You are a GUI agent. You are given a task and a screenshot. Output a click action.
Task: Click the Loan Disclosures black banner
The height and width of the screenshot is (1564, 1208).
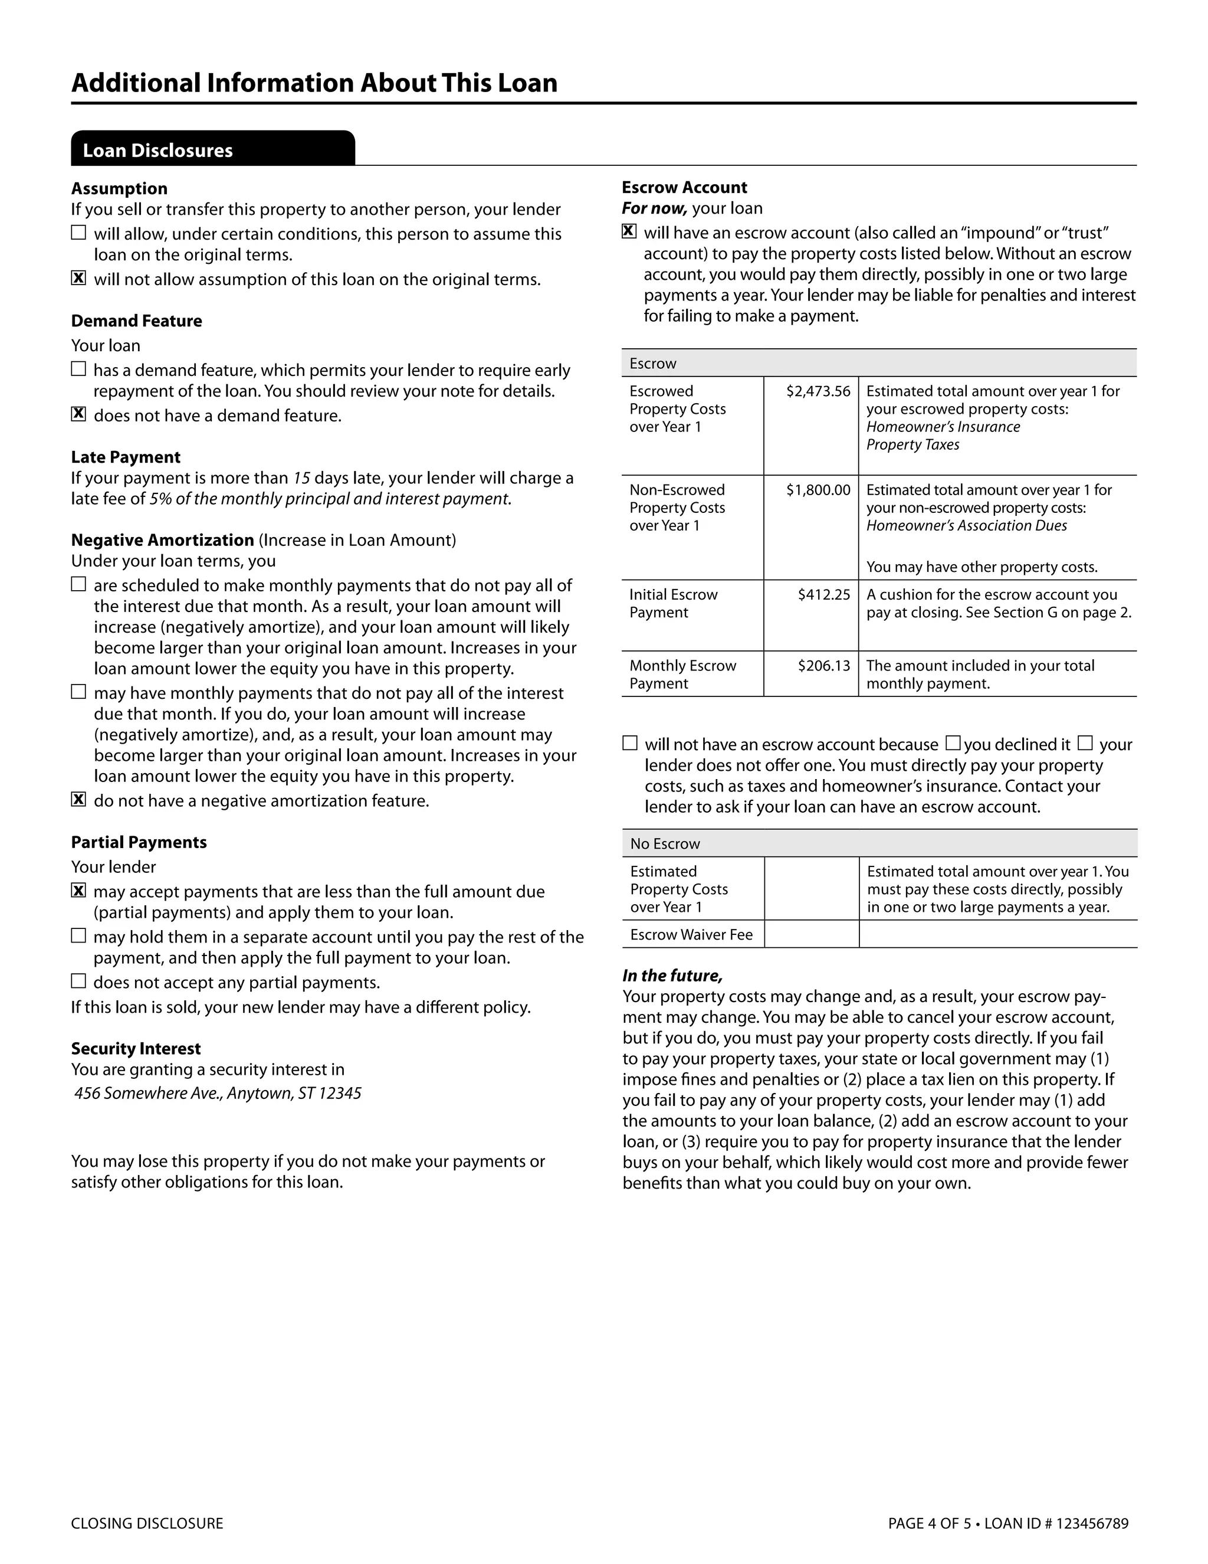pyautogui.click(x=212, y=149)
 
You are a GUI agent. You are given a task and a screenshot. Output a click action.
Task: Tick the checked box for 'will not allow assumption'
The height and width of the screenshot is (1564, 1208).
pyautogui.click(x=78, y=278)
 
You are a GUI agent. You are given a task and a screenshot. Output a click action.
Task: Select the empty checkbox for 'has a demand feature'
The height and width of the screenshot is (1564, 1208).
pyautogui.click(x=78, y=369)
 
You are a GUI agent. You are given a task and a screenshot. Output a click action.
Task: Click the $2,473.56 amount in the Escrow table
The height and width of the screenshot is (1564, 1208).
pyautogui.click(x=818, y=391)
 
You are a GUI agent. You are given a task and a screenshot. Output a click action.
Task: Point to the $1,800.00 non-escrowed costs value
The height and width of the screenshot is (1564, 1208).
pyautogui.click(x=818, y=490)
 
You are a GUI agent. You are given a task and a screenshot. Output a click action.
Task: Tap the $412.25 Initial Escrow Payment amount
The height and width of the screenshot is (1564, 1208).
pyautogui.click(x=823, y=594)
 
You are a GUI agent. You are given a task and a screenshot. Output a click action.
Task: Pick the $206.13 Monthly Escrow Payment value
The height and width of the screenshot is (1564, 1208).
pyautogui.click(x=823, y=665)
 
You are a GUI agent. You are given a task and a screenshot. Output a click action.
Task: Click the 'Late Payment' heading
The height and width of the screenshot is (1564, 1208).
pyautogui.click(x=125, y=457)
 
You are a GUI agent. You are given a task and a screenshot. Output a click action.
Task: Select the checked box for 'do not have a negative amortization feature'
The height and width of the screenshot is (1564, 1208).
pyautogui.click(x=78, y=799)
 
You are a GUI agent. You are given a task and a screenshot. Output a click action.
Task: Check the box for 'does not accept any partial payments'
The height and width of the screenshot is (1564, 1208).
pyautogui.click(x=78, y=981)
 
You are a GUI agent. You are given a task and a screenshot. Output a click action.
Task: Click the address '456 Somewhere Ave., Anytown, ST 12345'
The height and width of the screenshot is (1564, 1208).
pyautogui.click(x=218, y=1093)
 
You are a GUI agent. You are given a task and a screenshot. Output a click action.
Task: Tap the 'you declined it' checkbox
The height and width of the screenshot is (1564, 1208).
pyautogui.click(x=953, y=742)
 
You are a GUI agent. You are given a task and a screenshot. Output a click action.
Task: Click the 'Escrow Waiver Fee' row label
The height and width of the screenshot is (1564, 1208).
pyautogui.click(x=691, y=934)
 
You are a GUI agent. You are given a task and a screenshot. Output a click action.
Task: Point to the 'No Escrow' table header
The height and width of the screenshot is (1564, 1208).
pyautogui.click(x=665, y=843)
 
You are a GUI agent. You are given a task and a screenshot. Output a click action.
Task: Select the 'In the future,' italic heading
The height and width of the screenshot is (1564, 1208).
pyautogui.click(x=672, y=976)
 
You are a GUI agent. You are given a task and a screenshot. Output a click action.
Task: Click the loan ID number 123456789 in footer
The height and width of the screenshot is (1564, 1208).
pyautogui.click(x=1091, y=1523)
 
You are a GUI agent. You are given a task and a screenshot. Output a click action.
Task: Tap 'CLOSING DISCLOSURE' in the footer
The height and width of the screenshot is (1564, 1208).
pyautogui.click(x=147, y=1523)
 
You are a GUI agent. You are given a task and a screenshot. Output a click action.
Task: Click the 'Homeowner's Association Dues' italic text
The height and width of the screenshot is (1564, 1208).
pyautogui.click(x=966, y=526)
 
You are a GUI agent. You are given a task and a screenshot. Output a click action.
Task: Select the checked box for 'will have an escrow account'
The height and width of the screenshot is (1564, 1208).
pyautogui.click(x=629, y=231)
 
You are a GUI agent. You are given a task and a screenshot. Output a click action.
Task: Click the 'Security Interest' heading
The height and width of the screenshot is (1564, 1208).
pyautogui.click(x=135, y=1048)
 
